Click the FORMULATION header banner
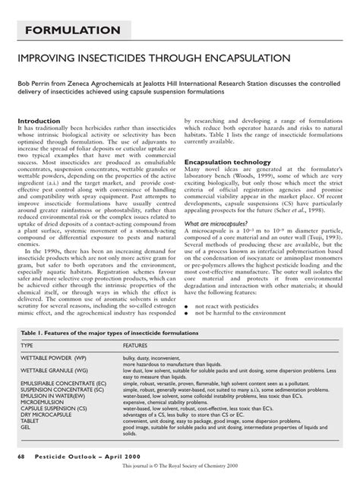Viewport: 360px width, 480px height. click(67, 30)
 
